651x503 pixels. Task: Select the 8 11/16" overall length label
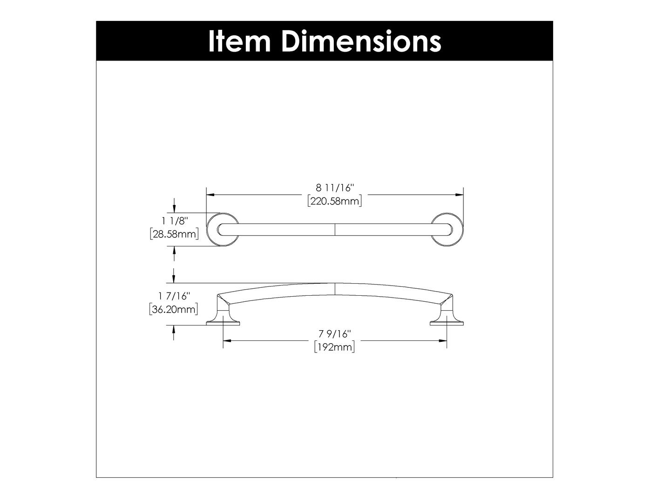335,188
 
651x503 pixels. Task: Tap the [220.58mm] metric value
335,201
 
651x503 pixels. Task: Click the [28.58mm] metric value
174,234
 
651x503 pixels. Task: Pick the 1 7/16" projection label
174,296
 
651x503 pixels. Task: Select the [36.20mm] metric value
173,309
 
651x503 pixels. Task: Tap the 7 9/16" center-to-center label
334,333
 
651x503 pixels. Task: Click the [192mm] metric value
334,347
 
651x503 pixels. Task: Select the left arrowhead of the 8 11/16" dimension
210,194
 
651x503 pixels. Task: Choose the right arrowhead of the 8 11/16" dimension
460,194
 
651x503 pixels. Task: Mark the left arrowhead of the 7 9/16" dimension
226,341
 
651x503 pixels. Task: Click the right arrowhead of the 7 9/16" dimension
444,341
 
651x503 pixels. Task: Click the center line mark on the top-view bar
335,229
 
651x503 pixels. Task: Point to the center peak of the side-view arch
335,284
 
